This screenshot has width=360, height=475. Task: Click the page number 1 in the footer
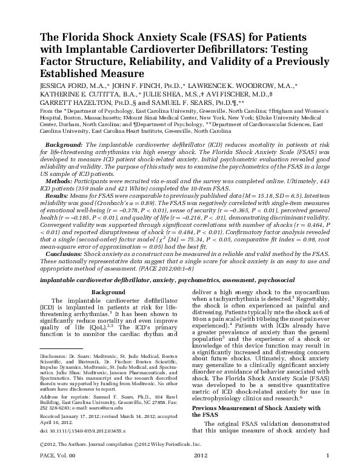tap(327, 471)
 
